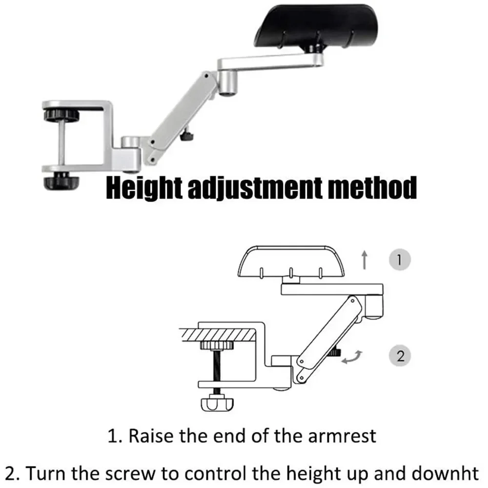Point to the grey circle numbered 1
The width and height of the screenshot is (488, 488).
pyautogui.click(x=400, y=259)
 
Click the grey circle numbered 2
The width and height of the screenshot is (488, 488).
pyautogui.click(x=400, y=356)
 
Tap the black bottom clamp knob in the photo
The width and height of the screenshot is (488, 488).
pyautogui.click(x=61, y=182)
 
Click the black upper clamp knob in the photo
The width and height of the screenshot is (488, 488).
pyautogui.click(x=61, y=116)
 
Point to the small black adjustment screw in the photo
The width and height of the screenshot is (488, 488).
pyautogui.click(x=186, y=137)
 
